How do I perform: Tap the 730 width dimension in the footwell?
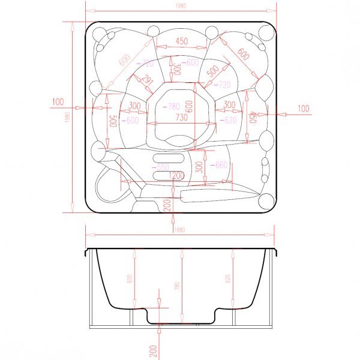click(181, 118)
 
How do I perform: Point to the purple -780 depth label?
click(171, 107)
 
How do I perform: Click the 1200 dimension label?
click(176, 176)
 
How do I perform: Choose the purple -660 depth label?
click(220, 166)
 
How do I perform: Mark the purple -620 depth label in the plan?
click(230, 120)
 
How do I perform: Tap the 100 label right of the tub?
click(304, 109)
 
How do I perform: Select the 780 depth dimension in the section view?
click(177, 287)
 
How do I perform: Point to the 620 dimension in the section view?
click(228, 279)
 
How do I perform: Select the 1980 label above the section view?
click(179, 230)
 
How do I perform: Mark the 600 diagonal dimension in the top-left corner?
click(124, 61)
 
